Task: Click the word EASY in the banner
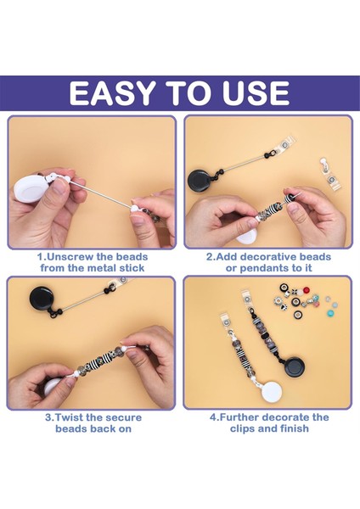[x=111, y=92]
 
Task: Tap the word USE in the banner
[x=256, y=92]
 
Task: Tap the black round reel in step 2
[x=200, y=180]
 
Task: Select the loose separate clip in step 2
[x=329, y=174]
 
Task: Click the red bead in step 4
[x=306, y=290]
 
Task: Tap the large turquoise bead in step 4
[x=330, y=313]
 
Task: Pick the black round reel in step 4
[x=295, y=366]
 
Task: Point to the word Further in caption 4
[x=239, y=417]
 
